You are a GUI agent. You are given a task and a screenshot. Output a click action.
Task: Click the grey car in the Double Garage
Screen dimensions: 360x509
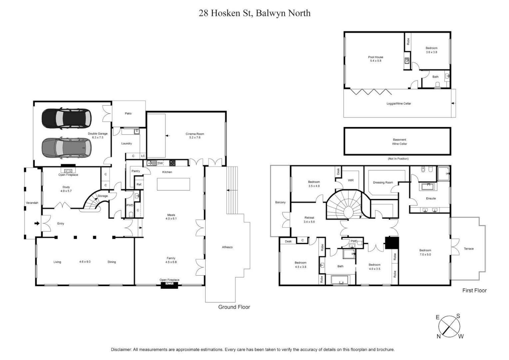pyautogui.click(x=66, y=148)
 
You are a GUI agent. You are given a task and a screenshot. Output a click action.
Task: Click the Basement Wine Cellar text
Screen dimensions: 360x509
pyautogui.click(x=399, y=142)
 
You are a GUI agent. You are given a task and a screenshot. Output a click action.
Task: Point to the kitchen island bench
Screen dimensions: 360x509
pyautogui.click(x=173, y=184)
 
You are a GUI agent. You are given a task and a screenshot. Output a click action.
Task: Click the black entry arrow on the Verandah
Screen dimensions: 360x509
pyautogui.click(x=36, y=223)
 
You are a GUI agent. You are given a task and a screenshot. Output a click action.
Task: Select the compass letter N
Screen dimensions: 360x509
pyautogui.click(x=439, y=336)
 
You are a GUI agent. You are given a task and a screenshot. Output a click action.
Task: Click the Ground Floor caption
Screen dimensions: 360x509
pyautogui.click(x=234, y=307)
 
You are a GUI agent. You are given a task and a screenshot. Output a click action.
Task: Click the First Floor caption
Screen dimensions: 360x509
pyautogui.click(x=474, y=290)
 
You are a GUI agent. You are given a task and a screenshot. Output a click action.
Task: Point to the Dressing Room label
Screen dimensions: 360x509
pyautogui.click(x=383, y=182)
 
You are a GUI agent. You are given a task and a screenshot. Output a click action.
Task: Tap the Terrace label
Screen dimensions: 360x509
pyautogui.click(x=468, y=249)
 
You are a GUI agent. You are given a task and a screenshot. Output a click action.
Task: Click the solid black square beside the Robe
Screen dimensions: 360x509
pyautogui.click(x=392, y=243)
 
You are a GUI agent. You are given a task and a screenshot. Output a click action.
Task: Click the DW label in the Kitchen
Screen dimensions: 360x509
pyautogui.click(x=160, y=163)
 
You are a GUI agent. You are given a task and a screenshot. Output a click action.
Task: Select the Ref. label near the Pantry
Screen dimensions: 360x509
pyautogui.click(x=139, y=184)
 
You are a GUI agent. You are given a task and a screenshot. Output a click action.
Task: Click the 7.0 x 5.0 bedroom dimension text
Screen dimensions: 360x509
pyautogui.click(x=425, y=254)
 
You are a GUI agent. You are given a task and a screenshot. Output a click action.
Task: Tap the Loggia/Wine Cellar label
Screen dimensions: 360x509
pyautogui.click(x=398, y=104)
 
